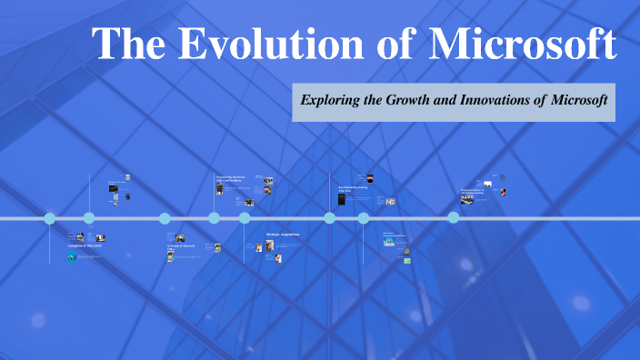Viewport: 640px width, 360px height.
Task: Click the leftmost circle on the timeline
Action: tap(50, 218)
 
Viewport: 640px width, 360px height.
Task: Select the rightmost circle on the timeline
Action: tap(454, 217)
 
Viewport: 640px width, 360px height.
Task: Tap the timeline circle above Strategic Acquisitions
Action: tap(245, 218)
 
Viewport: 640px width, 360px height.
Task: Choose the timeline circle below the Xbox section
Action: tap(330, 218)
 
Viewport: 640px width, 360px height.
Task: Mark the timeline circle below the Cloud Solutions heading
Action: tap(214, 218)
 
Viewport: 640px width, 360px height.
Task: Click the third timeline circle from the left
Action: tap(165, 218)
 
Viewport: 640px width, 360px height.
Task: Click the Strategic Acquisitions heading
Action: tap(282, 235)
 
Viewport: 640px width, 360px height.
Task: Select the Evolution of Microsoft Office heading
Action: tap(181, 247)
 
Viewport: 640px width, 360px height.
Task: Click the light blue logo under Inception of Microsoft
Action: tap(71, 258)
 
